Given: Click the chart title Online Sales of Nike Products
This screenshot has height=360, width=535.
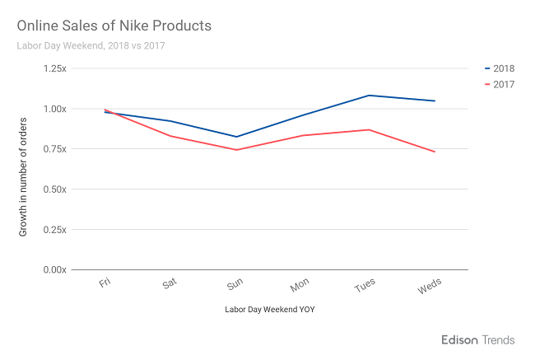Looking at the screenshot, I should (114, 26).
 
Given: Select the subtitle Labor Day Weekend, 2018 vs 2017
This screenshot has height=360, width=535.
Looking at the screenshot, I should (91, 45).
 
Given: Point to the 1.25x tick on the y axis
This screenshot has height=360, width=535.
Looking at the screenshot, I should (53, 68).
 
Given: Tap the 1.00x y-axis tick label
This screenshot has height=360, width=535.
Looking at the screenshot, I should (53, 109).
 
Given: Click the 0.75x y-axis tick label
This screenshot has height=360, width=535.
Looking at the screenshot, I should (53, 149).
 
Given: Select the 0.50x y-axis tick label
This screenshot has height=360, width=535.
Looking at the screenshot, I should (53, 189).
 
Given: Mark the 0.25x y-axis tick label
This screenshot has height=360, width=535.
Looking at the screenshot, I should (53, 230).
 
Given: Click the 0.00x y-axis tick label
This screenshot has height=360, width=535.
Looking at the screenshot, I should (53, 270).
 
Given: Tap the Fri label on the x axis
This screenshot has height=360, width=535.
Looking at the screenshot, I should (105, 283).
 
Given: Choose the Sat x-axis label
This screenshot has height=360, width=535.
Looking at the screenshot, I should (170, 284).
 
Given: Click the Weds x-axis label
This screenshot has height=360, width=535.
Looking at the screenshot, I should (430, 286).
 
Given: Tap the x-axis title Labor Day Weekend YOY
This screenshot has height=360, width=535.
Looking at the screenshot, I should (270, 310).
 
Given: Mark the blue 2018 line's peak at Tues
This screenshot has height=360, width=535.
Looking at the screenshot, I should (370, 96).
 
